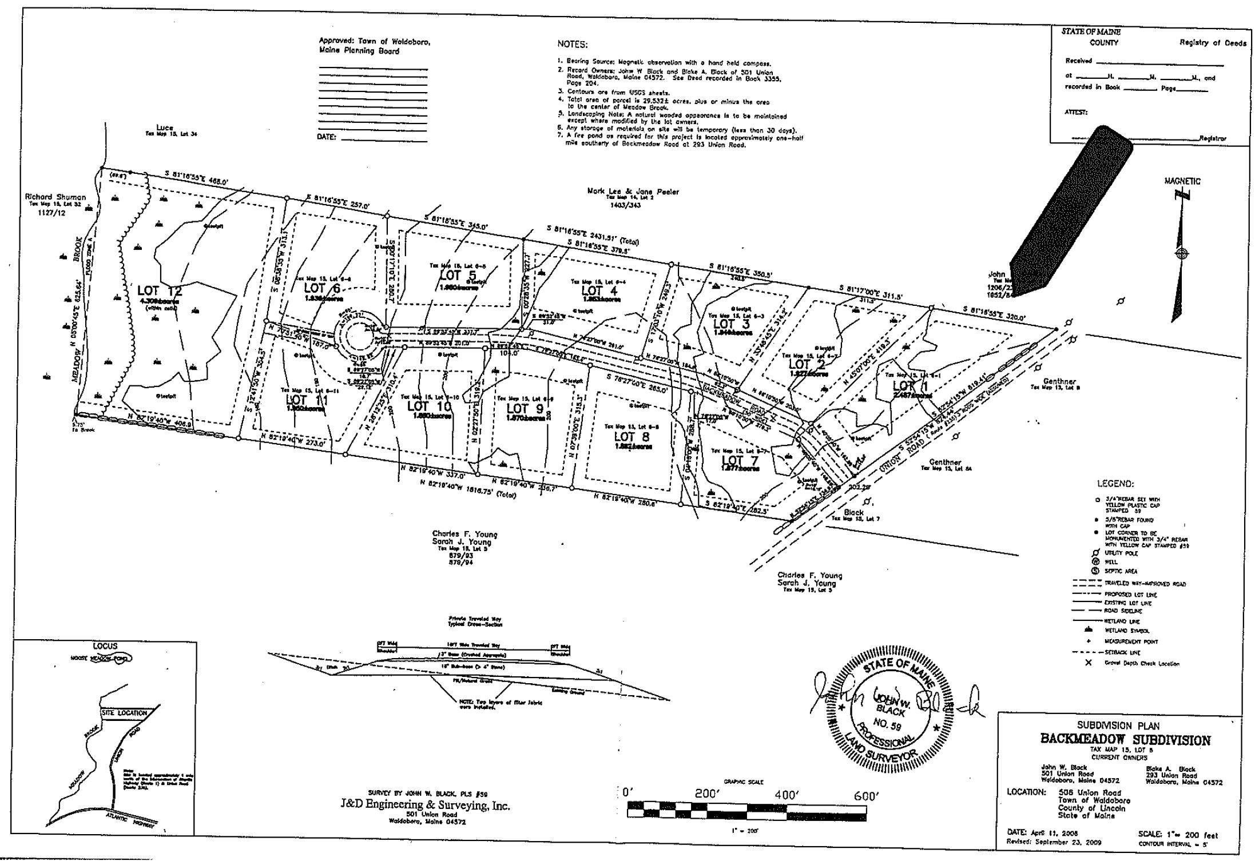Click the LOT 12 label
pyautogui.click(x=160, y=291)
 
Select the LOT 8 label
pyautogui.click(x=632, y=437)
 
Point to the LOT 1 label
pyautogui.click(x=912, y=386)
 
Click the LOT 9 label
pyautogui.click(x=525, y=408)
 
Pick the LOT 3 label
pyautogui.click(x=731, y=324)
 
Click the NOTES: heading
pyautogui.click(x=572, y=45)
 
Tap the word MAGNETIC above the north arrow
pyautogui.click(x=1182, y=181)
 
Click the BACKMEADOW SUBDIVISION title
pyautogui.click(x=1125, y=739)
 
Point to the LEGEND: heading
pyautogui.click(x=1115, y=484)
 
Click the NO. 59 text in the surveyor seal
pyautogui.click(x=888, y=724)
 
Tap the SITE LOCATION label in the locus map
pyautogui.click(x=124, y=713)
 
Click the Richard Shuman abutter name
pyautogui.click(x=55, y=197)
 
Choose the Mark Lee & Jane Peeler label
pyautogui.click(x=633, y=192)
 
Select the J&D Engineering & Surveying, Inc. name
pyautogui.click(x=425, y=806)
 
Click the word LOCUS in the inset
pyautogui.click(x=105, y=646)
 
